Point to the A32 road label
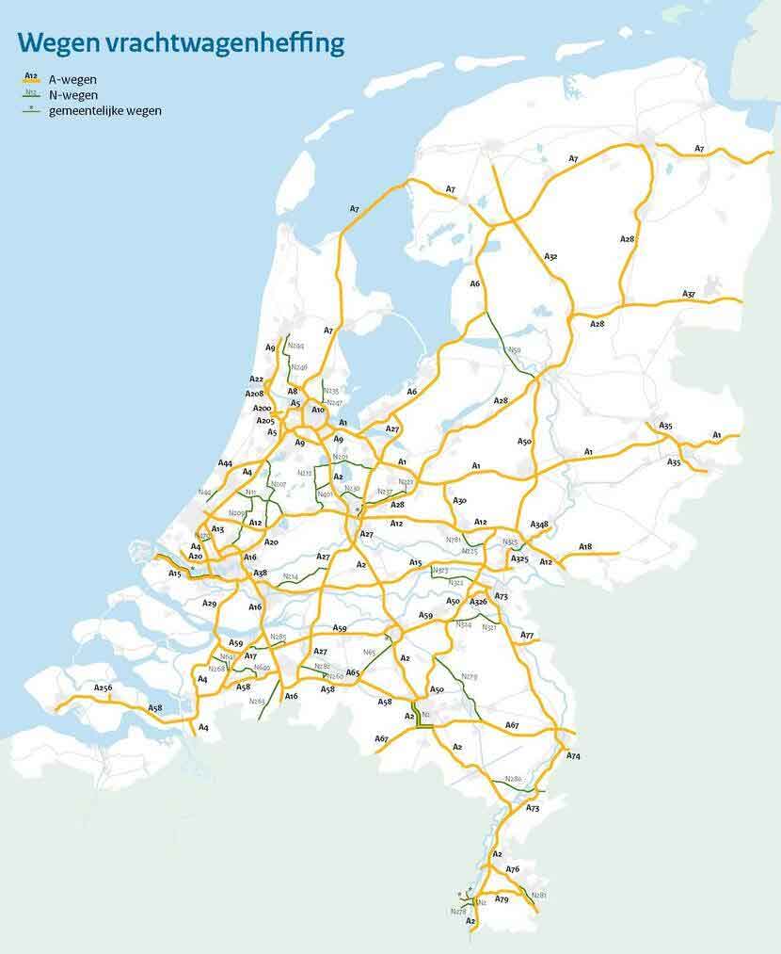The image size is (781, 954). [550, 256]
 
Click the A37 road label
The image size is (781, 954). [689, 294]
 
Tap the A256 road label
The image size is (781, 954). [103, 688]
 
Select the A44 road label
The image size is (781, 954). [225, 463]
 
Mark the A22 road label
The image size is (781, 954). [257, 380]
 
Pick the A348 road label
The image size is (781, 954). [539, 524]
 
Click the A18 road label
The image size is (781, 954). [585, 546]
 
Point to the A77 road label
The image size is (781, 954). [527, 636]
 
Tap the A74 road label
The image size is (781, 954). [574, 756]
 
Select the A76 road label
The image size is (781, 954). [512, 868]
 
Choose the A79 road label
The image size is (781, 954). [502, 899]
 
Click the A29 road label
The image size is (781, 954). [209, 603]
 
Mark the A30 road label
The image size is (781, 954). [459, 500]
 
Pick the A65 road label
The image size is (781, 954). [352, 672]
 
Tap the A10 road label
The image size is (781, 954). [318, 410]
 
